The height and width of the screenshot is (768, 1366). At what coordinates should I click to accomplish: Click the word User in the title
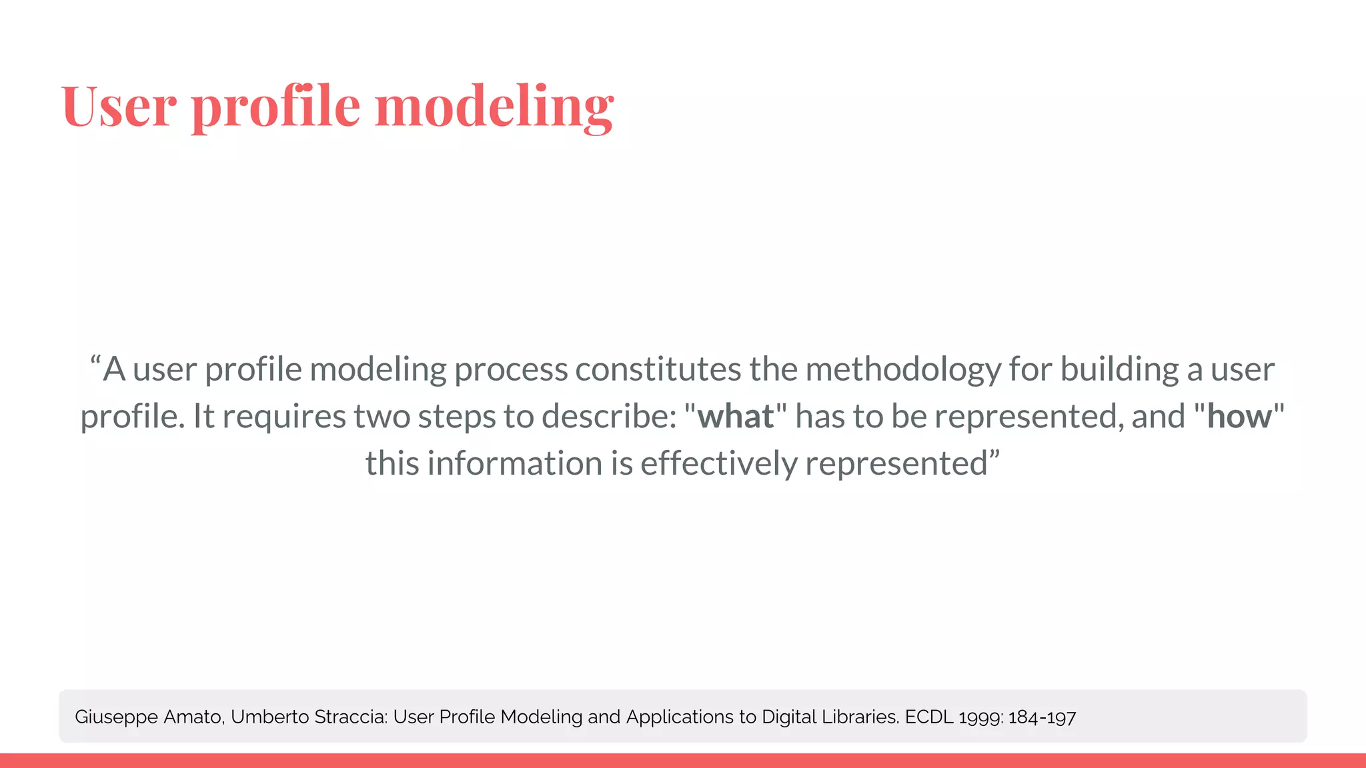119,107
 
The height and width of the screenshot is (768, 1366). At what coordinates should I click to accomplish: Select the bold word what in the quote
736,417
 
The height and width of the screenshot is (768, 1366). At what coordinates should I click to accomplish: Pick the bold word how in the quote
1239,417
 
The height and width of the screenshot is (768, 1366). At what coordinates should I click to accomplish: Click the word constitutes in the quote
658,369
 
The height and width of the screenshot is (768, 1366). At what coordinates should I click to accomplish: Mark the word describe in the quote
609,417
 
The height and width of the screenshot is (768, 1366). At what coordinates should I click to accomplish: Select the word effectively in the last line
718,463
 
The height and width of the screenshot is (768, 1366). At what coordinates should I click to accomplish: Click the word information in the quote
514,463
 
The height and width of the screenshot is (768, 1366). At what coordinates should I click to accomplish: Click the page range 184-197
1042,717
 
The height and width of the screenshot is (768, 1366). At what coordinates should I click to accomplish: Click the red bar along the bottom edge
683,761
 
